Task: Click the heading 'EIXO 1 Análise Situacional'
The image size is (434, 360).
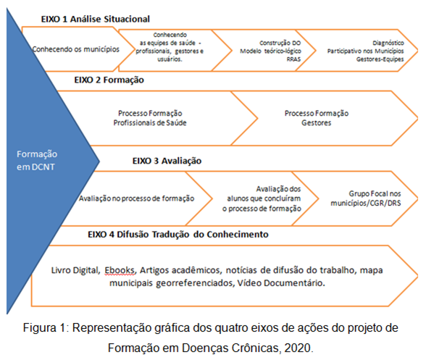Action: pos(96,19)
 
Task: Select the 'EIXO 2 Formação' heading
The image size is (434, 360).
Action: pos(109,80)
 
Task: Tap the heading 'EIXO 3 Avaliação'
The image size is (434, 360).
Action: pos(167,161)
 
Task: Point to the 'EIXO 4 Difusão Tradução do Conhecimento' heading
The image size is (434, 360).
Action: pos(178,235)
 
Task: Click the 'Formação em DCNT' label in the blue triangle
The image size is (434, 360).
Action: pos(37,161)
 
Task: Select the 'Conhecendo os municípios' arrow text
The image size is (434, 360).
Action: pos(75,49)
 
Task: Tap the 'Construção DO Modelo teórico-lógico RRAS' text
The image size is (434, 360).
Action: pos(270,51)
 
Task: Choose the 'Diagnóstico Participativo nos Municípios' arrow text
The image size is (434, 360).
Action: pos(365,47)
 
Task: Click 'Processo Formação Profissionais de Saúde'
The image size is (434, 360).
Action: pos(150,118)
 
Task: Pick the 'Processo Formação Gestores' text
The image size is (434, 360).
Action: pos(317,118)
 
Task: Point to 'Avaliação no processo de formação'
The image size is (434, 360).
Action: pos(136,198)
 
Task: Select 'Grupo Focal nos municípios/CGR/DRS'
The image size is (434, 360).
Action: pos(366,198)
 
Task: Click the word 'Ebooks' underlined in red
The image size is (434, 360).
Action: pos(120,270)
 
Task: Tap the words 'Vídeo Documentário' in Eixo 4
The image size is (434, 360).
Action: pos(281,282)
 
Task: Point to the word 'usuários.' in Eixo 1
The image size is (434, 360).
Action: pos(170,59)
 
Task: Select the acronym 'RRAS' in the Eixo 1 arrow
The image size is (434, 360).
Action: pos(293,59)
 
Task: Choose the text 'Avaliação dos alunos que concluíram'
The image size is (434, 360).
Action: pos(264,193)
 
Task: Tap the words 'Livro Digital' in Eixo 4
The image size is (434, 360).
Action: pos(75,270)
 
